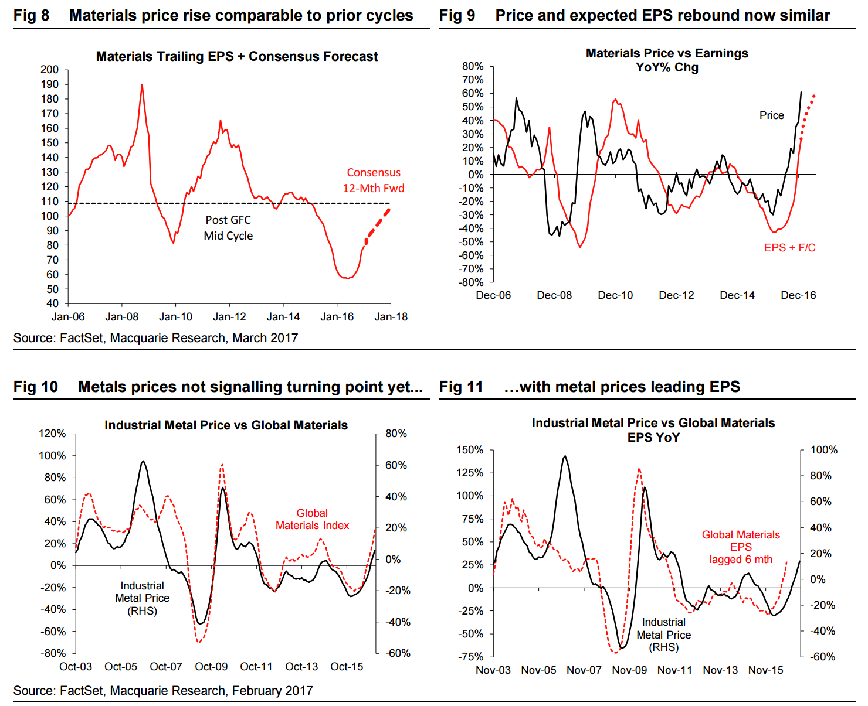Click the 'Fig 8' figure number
31,16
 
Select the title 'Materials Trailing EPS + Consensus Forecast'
237,57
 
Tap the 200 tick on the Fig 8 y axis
50,70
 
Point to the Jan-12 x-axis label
229,317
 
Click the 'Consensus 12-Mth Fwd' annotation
374,180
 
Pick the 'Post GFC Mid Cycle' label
228,228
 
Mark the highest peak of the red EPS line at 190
142,85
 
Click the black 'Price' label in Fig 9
771,115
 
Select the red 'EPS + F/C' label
789,248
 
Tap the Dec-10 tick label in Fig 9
615,295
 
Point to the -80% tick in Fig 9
472,282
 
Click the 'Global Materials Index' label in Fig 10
312,520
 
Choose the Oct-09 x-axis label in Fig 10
211,667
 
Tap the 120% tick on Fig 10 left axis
52,434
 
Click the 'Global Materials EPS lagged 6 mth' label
741,547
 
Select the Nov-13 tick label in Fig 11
720,670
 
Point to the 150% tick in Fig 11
470,450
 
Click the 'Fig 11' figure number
460,387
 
